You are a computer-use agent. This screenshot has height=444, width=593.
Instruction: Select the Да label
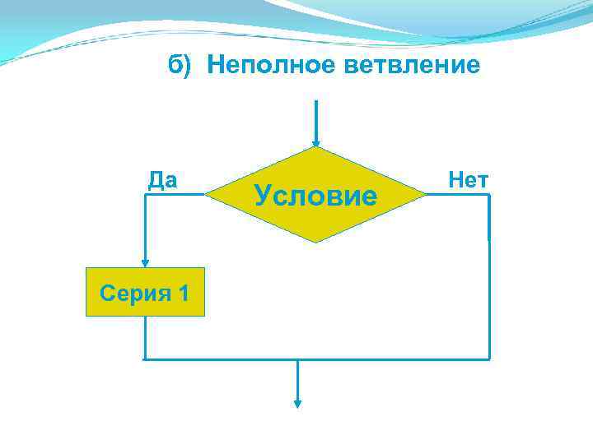[x=163, y=180]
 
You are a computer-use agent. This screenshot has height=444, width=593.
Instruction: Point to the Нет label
[x=468, y=180]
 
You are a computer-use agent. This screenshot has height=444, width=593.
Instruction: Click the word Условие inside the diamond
[x=315, y=196]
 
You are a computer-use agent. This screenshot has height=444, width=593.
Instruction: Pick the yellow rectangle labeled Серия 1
[x=145, y=292]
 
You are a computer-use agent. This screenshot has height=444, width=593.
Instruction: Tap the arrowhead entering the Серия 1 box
[x=145, y=262]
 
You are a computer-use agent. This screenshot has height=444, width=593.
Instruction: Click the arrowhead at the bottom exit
[x=298, y=403]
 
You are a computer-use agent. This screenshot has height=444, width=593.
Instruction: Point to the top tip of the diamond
[x=315, y=148]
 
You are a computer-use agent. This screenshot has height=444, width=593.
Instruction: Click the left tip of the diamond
[x=206, y=195]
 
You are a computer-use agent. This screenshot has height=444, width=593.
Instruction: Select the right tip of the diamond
[x=426, y=195]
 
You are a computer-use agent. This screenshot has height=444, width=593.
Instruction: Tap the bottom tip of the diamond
[x=315, y=243]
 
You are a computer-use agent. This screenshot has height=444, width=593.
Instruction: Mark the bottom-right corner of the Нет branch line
[x=489, y=359]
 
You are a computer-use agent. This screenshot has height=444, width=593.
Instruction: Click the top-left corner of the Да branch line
[x=145, y=195]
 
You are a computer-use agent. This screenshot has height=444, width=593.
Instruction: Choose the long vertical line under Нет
[x=489, y=280]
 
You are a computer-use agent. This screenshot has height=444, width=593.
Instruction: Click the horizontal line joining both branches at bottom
[x=371, y=359]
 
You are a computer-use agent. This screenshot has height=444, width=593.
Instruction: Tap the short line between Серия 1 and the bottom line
[x=145, y=338]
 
